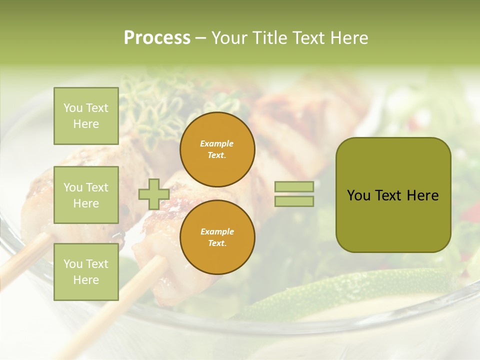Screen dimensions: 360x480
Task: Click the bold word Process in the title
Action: pyautogui.click(x=157, y=38)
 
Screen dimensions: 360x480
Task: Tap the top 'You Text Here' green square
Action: pyautogui.click(x=86, y=116)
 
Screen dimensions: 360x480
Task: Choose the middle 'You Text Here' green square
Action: pyautogui.click(x=86, y=195)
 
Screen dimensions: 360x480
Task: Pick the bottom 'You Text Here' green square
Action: pyautogui.click(x=86, y=272)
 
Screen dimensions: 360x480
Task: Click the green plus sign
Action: pyautogui.click(x=153, y=194)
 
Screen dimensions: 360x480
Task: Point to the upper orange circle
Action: pyautogui.click(x=217, y=149)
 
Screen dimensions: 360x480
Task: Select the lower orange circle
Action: pyautogui.click(x=217, y=237)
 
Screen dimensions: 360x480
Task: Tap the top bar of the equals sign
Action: pyautogui.click(x=294, y=186)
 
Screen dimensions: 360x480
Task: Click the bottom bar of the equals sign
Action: pyautogui.click(x=294, y=201)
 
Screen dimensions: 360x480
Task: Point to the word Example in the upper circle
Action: pyautogui.click(x=217, y=143)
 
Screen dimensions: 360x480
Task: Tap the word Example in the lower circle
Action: pyautogui.click(x=217, y=231)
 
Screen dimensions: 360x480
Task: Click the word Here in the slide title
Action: pyautogui.click(x=348, y=38)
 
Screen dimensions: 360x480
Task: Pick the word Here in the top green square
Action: pyautogui.click(x=86, y=124)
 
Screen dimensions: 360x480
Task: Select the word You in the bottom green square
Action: pyautogui.click(x=73, y=264)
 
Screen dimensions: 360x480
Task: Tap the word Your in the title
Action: pyautogui.click(x=229, y=38)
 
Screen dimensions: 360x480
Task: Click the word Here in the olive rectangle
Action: pyautogui.click(x=423, y=195)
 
